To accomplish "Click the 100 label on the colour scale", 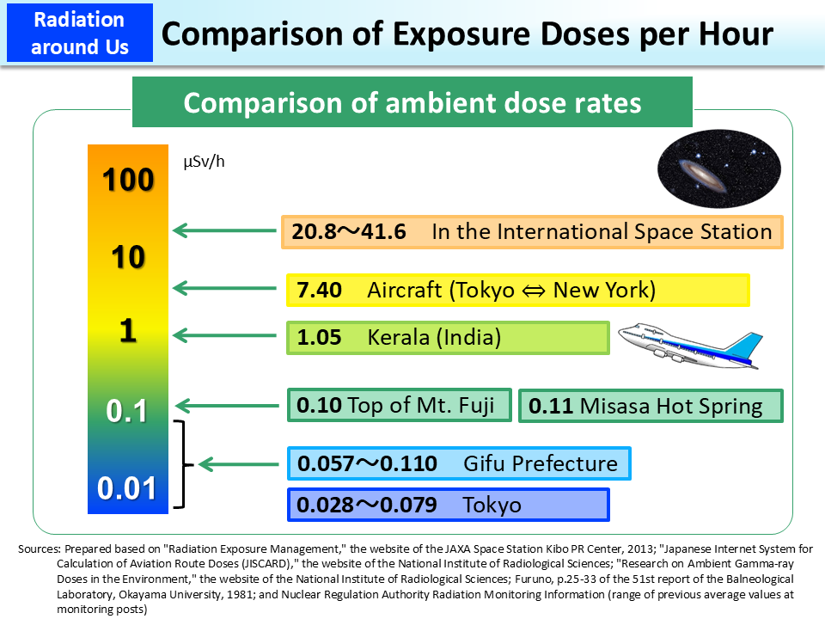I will pos(127,181).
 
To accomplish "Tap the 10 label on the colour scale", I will pos(127,257).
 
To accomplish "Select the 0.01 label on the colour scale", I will pos(127,488).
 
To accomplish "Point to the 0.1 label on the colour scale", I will pos(127,412).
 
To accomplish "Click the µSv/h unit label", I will pos(203,162).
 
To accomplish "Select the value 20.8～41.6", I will pos(349,232).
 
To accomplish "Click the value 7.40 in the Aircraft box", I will pos(320,291).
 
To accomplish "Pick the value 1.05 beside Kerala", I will pos(320,338).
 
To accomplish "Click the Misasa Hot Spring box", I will pos(651,406).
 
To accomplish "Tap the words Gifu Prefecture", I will pos(540,464).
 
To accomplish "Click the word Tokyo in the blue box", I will pos(492,505).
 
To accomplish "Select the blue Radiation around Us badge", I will pos(79,33).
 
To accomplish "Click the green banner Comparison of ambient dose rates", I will pos(412,102).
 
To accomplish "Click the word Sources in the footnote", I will pos(38,549).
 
